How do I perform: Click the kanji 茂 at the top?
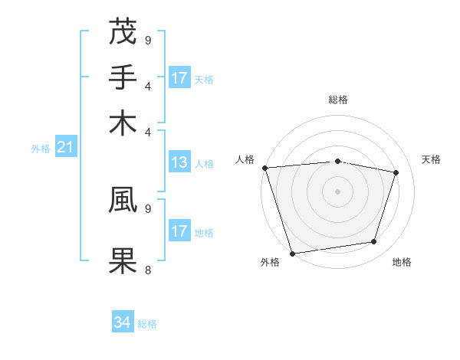[123, 32]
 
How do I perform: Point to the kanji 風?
[123, 199]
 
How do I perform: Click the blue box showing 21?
[64, 148]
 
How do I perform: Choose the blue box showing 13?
[179, 162]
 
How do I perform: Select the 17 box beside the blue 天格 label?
[179, 78]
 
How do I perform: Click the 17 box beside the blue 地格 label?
[179, 231]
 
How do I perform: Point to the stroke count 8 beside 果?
[147, 269]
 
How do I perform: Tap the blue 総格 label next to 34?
[147, 324]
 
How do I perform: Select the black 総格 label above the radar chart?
[337, 100]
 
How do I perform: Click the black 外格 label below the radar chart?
[270, 263]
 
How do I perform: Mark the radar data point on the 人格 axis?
[264, 168]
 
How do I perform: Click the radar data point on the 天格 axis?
[396, 172]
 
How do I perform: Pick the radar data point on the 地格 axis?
[374, 242]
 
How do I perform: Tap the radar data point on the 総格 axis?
[337, 161]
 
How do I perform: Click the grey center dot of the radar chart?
[337, 191]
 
